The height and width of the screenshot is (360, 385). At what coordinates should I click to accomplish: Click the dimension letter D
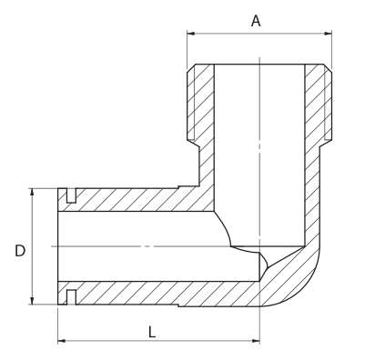(19, 248)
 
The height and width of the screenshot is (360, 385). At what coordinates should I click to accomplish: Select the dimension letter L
(151, 331)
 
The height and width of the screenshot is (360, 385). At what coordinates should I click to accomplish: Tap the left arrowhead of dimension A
(191, 35)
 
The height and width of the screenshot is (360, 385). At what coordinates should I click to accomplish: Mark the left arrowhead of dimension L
(62, 342)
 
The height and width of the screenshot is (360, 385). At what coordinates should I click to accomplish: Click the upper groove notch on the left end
(71, 195)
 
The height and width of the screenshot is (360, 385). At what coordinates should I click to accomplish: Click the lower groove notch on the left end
(71, 296)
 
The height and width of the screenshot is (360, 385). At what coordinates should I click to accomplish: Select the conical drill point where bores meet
(263, 265)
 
